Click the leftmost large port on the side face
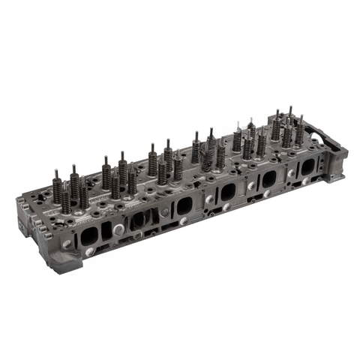tap(88, 235)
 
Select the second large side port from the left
tap(137, 220)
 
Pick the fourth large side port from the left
tap(227, 193)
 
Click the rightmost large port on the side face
tap(307, 168)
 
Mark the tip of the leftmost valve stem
tap(56, 172)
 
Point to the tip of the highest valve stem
tap(290, 108)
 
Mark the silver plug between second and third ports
tap(164, 213)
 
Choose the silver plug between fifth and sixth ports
tap(290, 173)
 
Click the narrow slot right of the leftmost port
tap(106, 231)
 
